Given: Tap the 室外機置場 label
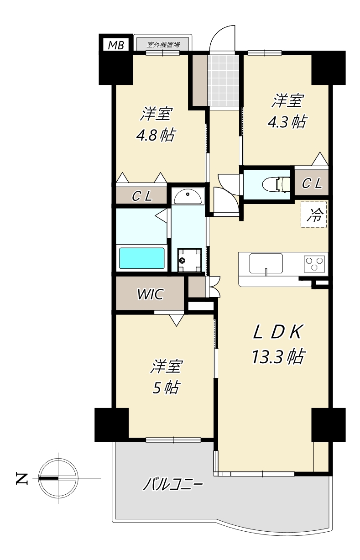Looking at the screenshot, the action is point(163,45).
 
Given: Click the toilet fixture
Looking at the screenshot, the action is point(276,184).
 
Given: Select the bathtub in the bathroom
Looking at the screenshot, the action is point(142,258).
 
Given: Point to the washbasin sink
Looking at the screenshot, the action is point(188,196).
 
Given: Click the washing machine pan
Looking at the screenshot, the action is point(189,260).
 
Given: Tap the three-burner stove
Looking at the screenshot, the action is point(314,264).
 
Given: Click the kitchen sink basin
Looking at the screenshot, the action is point(266,264).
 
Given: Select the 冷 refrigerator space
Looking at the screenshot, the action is point(313,215).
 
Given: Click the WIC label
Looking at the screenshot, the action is point(150,294).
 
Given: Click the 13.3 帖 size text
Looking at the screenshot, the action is point(277,357).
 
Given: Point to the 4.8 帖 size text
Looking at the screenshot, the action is point(155,135).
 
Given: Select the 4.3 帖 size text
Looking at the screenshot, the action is point(287,122).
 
